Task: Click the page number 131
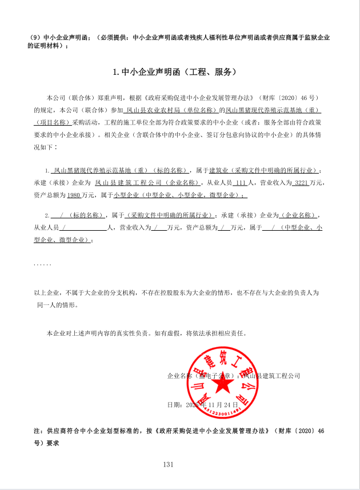click(168, 464)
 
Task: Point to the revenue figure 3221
click(300, 183)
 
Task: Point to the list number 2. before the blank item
click(47, 215)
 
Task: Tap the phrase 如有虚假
click(166, 332)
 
